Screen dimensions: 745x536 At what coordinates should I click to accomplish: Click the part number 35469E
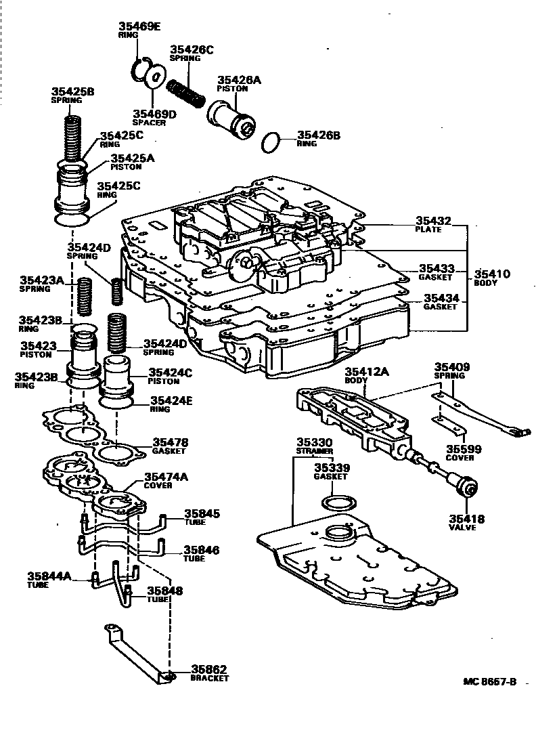point(140,26)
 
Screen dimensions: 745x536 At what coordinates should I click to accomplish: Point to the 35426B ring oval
point(271,143)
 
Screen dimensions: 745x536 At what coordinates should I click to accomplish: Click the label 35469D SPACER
point(154,118)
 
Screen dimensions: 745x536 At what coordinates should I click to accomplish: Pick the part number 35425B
point(72,91)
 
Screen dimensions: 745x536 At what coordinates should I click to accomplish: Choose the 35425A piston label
point(133,161)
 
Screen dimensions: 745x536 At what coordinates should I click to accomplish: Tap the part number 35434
point(441,297)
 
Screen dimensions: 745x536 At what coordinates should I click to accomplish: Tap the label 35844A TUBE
point(49,580)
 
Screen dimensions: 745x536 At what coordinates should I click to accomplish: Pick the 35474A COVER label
point(166,480)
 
